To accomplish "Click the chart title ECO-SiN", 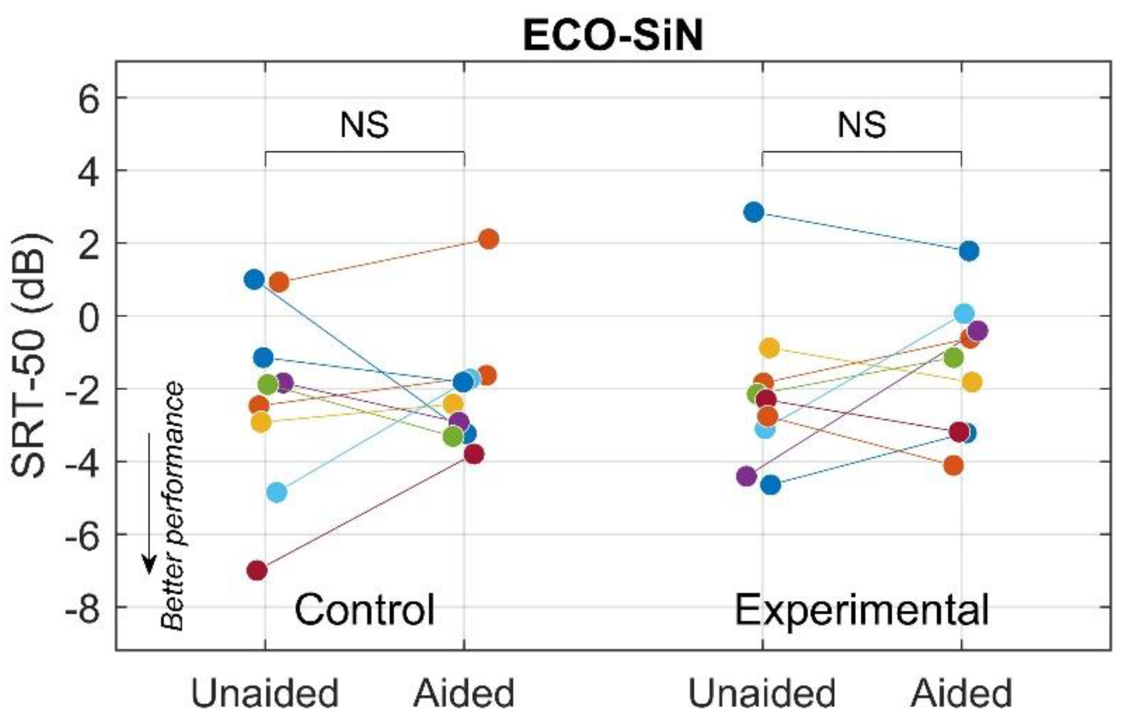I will pyautogui.click(x=613, y=37).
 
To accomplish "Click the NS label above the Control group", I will pyautogui.click(x=364, y=126).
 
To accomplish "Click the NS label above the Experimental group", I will pyautogui.click(x=862, y=126).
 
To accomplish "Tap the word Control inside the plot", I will pyautogui.click(x=364, y=610).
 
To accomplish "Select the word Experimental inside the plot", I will pyautogui.click(x=862, y=610).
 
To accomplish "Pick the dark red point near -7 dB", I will pyautogui.click(x=257, y=571).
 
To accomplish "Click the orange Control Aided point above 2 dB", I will pyautogui.click(x=489, y=239).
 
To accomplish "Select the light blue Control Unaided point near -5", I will pyautogui.click(x=276, y=492).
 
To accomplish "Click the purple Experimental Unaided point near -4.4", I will pyautogui.click(x=747, y=476).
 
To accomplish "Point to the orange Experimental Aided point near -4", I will pyautogui.click(x=954, y=465).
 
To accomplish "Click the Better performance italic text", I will pyautogui.click(x=173, y=506).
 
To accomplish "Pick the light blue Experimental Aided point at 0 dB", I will pyautogui.click(x=964, y=314).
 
